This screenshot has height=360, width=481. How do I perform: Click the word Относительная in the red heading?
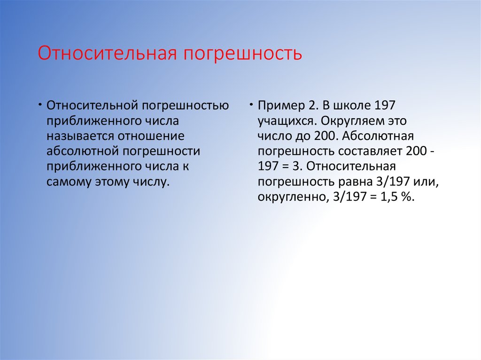point(108,53)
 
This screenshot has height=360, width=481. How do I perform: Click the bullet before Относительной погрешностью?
point(40,105)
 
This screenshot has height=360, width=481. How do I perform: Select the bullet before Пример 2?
point(251,105)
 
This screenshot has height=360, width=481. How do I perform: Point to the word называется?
point(80,136)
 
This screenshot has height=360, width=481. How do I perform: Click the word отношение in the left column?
point(151,136)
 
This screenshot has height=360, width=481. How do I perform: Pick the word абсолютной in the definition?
point(83,151)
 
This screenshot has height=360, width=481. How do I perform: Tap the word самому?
point(69,182)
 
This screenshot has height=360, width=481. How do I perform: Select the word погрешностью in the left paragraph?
point(185,106)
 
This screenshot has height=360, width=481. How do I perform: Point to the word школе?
point(352,105)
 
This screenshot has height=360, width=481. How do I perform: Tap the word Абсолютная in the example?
point(378,136)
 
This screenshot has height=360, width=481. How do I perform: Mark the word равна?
point(356,182)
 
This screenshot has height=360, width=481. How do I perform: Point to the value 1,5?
point(389,197)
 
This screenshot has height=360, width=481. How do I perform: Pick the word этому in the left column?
point(112,182)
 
